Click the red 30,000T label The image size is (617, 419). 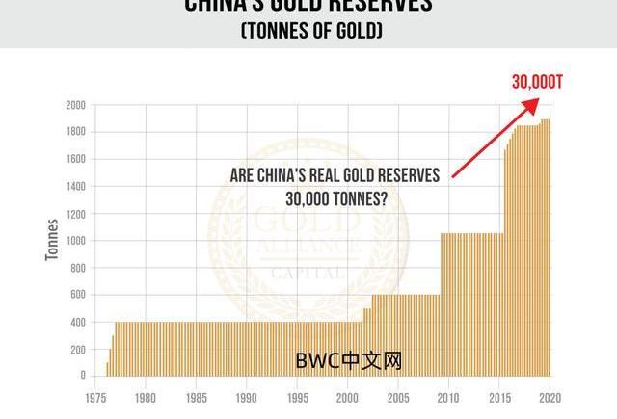click(x=536, y=82)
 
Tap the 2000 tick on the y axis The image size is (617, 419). click(x=75, y=104)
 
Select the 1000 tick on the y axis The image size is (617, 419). click(x=75, y=240)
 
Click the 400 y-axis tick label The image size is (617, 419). click(x=78, y=322)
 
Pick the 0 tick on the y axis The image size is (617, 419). click(x=84, y=376)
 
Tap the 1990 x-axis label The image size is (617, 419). click(x=246, y=396)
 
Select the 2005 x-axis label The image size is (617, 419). click(x=397, y=396)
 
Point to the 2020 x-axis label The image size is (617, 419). click(x=549, y=396)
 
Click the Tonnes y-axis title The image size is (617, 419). click(x=54, y=241)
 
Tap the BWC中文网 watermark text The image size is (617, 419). click(x=348, y=361)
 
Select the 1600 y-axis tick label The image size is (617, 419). click(x=75, y=159)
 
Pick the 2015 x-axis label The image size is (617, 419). click(x=498, y=396)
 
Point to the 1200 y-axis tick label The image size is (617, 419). click(x=75, y=213)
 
